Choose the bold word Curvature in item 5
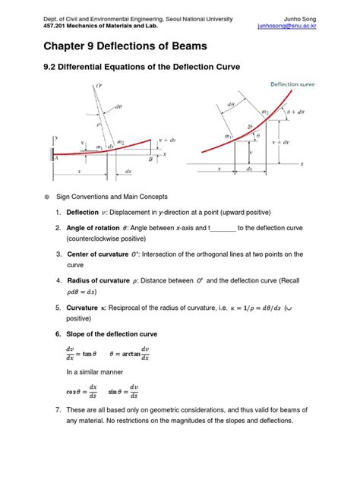pyautogui.click(x=82, y=308)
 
